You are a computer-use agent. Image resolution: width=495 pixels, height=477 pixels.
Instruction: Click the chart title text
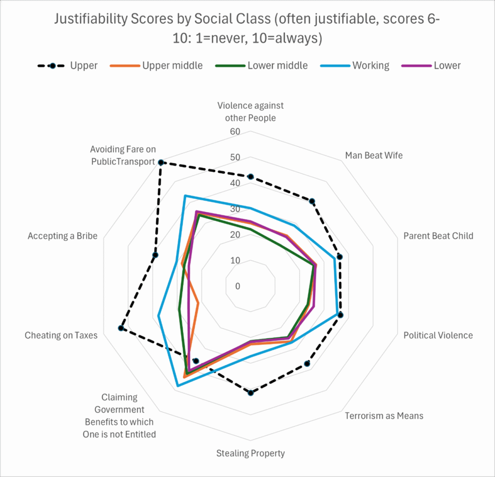pyautogui.click(x=247, y=29)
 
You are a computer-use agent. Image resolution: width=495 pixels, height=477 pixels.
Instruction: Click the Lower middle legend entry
pyautogui.click(x=277, y=65)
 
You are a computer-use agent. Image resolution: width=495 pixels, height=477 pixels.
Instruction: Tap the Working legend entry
pyautogui.click(x=370, y=65)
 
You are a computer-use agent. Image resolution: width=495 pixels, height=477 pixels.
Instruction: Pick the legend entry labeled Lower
pyautogui.click(x=447, y=65)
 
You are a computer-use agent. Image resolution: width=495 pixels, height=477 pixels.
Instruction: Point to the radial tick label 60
pyautogui.click(x=235, y=132)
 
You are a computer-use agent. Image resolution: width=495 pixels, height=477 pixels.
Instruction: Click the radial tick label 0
pyautogui.click(x=237, y=286)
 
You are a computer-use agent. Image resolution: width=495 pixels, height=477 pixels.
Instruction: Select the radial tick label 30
pyautogui.click(x=235, y=209)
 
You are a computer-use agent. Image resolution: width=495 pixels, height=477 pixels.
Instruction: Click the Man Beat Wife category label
pyautogui.click(x=374, y=155)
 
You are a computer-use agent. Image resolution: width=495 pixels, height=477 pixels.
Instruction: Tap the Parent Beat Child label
pyautogui.click(x=438, y=236)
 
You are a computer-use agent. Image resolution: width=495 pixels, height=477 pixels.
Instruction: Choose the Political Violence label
pyautogui.click(x=438, y=335)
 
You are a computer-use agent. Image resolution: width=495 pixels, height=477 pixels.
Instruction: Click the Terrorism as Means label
pyautogui.click(x=384, y=416)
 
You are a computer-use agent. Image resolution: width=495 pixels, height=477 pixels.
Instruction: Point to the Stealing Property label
pyautogui.click(x=250, y=453)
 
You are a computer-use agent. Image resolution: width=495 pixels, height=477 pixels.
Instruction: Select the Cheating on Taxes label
pyautogui.click(x=61, y=335)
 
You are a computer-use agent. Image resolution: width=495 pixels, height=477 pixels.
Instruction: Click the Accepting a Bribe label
pyautogui.click(x=62, y=236)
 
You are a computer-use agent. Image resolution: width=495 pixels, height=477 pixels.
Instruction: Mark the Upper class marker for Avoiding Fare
pyautogui.click(x=161, y=163)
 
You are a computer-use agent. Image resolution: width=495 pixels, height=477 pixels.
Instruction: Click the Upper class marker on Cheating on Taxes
pyautogui.click(x=121, y=328)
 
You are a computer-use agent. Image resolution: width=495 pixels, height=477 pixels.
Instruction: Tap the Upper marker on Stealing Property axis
pyautogui.click(x=250, y=392)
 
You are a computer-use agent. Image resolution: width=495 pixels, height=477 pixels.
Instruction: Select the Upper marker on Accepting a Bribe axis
pyautogui.click(x=155, y=255)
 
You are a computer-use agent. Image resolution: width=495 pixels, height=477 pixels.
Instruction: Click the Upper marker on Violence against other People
pyautogui.click(x=250, y=177)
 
